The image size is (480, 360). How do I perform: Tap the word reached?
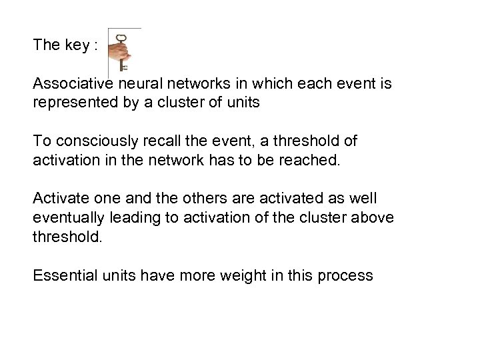309,160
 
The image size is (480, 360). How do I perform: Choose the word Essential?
63,274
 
